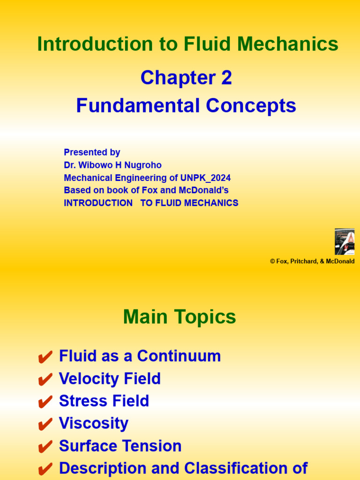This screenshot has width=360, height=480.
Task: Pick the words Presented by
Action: coord(92,152)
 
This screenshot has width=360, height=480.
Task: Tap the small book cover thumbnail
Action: coord(344,241)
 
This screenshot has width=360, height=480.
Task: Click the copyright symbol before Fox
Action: coord(272,262)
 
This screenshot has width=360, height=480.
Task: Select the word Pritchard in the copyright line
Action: coord(303,262)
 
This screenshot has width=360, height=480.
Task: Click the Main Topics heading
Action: coord(180,317)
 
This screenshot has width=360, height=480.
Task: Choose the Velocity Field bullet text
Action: coord(110,379)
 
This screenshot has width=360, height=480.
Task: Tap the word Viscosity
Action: coord(94,424)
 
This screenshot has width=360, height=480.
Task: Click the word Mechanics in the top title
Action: coord(288,45)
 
